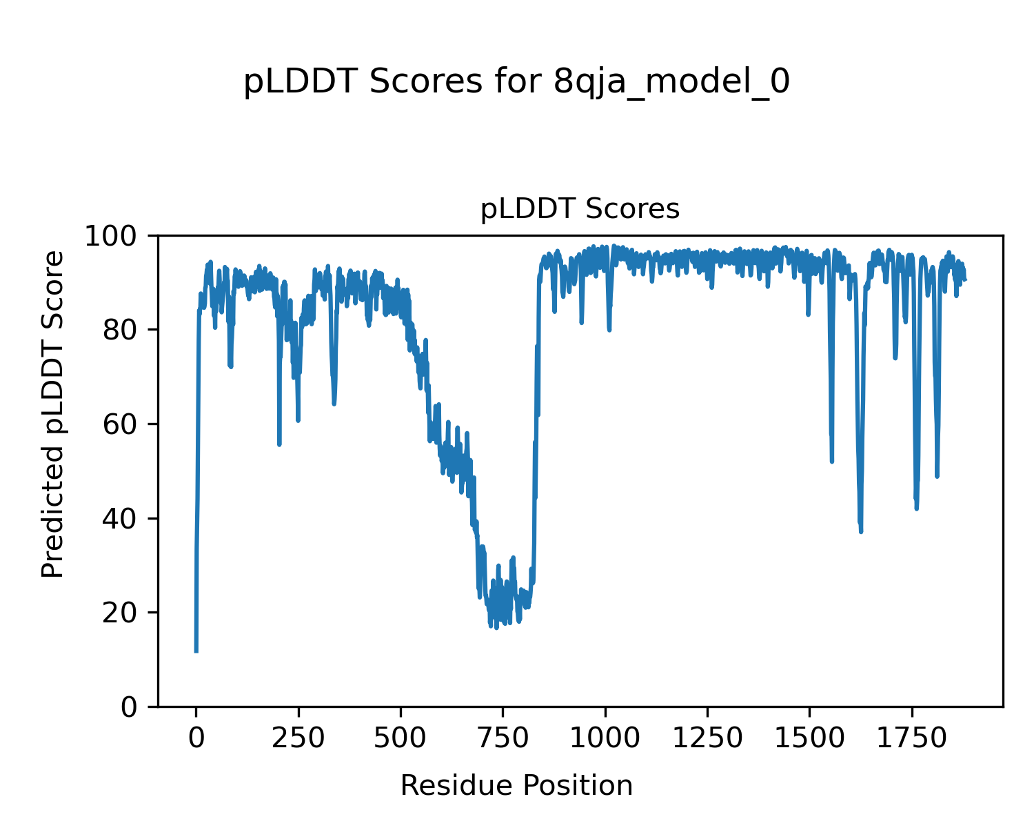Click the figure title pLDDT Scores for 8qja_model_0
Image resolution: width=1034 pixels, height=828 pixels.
pyautogui.click(x=516, y=82)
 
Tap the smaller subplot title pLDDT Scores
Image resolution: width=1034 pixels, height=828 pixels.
pyautogui.click(x=580, y=208)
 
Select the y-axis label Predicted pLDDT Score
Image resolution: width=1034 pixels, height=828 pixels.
pyautogui.click(x=53, y=415)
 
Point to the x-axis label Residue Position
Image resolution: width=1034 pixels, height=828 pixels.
pyautogui.click(x=516, y=785)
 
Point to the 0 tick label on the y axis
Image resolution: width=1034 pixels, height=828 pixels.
pyautogui.click(x=131, y=707)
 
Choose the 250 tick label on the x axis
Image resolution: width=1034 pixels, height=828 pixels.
pyautogui.click(x=298, y=738)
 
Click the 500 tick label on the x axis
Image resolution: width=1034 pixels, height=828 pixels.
pyautogui.click(x=401, y=738)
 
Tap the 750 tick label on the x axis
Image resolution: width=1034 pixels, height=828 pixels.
pyautogui.click(x=503, y=738)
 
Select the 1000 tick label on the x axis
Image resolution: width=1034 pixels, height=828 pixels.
pyautogui.click(x=605, y=738)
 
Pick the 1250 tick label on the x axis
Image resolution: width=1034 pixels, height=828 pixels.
pyautogui.click(x=707, y=738)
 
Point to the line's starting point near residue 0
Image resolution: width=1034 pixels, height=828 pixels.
pyautogui.click(x=196, y=651)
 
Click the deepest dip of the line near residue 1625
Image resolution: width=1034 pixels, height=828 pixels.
pyautogui.click(x=861, y=531)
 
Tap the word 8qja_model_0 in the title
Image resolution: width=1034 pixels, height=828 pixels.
pyautogui.click(x=671, y=82)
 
